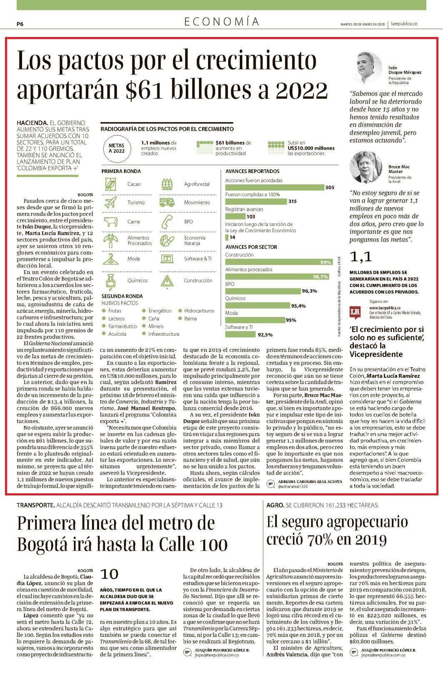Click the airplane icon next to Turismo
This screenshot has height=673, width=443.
click(x=111, y=202)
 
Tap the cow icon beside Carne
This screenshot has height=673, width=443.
click(x=111, y=222)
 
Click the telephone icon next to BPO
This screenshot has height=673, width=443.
click(x=167, y=222)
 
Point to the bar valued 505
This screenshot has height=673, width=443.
click(x=274, y=188)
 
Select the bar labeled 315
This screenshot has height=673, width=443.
click(x=256, y=202)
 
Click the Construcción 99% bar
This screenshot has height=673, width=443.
click(x=279, y=262)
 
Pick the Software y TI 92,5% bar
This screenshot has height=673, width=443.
click(x=240, y=334)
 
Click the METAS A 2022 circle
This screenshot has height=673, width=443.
click(x=117, y=148)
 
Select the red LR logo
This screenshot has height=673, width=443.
click(x=355, y=312)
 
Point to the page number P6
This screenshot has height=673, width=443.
click(x=20, y=24)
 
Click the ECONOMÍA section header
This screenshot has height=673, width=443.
click(x=221, y=22)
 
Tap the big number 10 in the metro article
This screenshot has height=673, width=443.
click(x=110, y=574)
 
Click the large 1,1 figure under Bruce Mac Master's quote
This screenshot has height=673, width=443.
click(x=361, y=257)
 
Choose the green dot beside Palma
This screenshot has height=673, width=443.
click(x=180, y=319)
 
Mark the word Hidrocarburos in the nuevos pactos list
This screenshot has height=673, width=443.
click(x=199, y=311)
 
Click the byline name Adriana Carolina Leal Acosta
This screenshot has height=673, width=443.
click(x=310, y=482)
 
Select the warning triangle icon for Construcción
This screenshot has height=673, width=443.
click(x=167, y=281)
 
